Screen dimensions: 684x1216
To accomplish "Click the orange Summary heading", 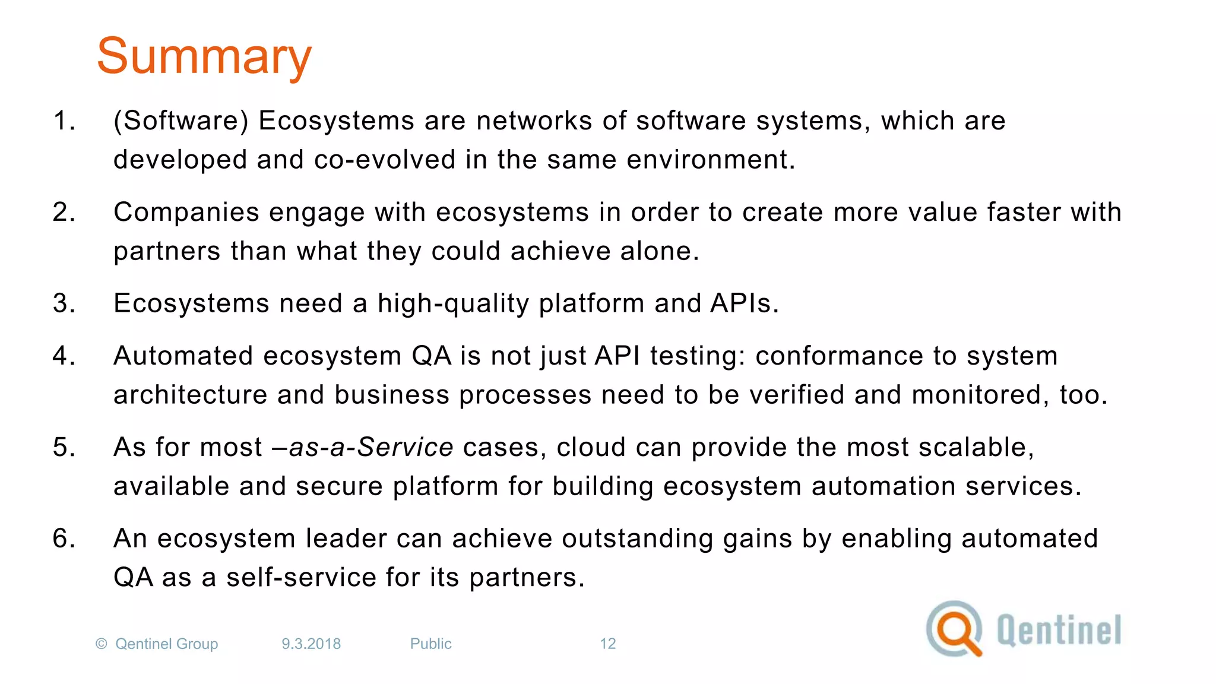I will coord(204,57).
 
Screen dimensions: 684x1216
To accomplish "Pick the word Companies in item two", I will coord(186,213).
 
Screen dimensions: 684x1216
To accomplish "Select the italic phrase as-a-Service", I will coord(371,447).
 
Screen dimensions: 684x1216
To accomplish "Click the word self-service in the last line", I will coord(301,578).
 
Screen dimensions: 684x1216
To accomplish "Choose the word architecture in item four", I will coord(190,395).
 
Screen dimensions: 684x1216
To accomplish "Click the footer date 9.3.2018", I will coord(311,644).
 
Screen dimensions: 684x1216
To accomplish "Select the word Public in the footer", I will coord(430,644).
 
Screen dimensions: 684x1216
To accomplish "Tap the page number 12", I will coord(607,644).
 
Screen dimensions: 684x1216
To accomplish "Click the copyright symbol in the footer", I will coord(102,644).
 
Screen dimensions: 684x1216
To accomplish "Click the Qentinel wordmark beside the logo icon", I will coord(1059,630).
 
